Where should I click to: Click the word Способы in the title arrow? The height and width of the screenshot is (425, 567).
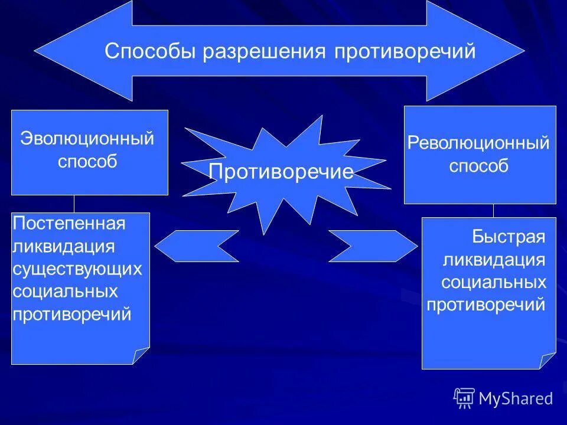coord(150,51)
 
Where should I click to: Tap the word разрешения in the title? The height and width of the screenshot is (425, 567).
coord(264,51)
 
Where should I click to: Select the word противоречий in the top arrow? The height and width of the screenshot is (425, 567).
coord(405,51)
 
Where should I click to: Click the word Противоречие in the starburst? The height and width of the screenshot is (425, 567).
coord(281,172)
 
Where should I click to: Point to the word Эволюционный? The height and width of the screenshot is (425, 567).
coord(87,139)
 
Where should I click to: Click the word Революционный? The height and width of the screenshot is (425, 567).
coord(479,143)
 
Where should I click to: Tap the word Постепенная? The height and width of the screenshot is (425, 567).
coord(70,224)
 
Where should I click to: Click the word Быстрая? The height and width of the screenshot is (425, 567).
coord(508,237)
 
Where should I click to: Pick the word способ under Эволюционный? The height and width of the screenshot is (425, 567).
coord(87,161)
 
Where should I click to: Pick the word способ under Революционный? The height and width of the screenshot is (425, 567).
coord(479,166)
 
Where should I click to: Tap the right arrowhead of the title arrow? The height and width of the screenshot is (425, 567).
coord(490,50)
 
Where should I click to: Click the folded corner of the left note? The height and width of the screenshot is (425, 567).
coord(142,355)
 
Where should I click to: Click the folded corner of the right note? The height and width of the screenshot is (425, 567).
coord(548,360)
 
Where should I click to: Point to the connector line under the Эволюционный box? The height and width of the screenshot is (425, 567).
coord(74,204)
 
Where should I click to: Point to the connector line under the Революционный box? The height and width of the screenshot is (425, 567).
coord(493,211)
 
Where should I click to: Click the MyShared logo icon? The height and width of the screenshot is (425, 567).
coord(464,398)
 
